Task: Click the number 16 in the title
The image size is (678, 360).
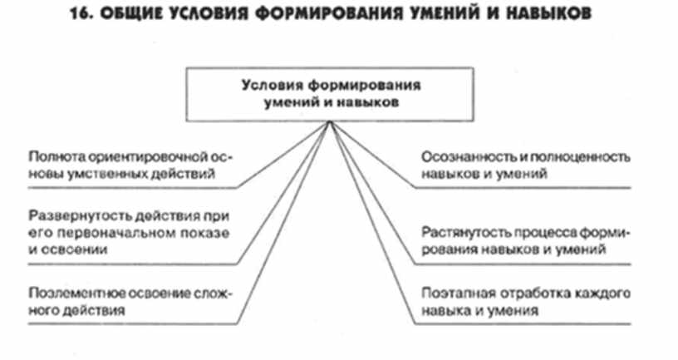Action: (x=80, y=14)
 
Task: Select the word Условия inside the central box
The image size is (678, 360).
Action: (x=273, y=86)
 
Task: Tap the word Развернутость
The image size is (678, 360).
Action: (x=80, y=215)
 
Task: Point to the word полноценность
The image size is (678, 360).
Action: (x=580, y=156)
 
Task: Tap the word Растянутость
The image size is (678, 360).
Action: (x=466, y=233)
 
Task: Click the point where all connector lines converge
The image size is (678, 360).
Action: (x=330, y=122)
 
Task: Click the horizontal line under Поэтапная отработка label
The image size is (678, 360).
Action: (x=523, y=323)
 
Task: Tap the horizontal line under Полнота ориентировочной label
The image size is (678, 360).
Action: (x=133, y=188)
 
